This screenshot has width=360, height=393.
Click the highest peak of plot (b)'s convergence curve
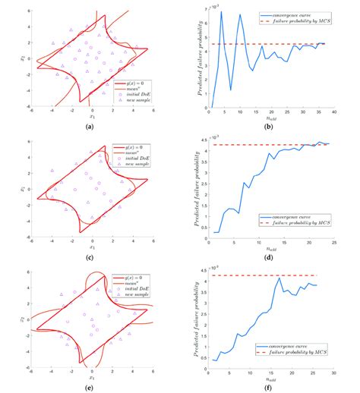[x=221, y=11]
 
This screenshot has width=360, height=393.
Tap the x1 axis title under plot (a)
[x=90, y=118]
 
